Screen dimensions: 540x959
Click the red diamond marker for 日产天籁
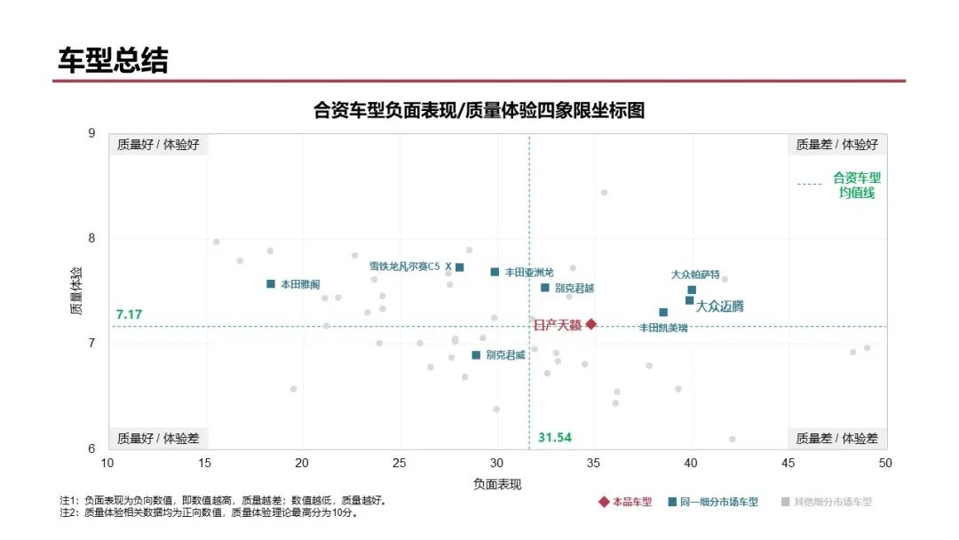(591, 324)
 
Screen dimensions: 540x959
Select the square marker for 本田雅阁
(271, 284)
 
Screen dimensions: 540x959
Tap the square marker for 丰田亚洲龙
(495, 272)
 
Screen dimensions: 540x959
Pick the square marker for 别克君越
(545, 287)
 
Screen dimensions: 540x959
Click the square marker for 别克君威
(476, 355)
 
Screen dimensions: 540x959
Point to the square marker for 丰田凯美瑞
(663, 313)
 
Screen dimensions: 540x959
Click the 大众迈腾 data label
(719, 306)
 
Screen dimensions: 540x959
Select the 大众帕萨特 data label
(695, 274)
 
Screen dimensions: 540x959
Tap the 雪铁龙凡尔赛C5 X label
(410, 266)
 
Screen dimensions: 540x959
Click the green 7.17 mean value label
(129, 314)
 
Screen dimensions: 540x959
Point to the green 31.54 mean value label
(555, 438)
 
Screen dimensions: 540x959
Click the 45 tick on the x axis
(789, 464)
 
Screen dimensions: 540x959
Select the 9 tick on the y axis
(91, 134)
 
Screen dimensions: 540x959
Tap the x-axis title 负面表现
(497, 485)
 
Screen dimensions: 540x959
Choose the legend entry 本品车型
(626, 502)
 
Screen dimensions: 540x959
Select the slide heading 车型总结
(113, 60)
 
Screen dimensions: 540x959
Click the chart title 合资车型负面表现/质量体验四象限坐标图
(479, 111)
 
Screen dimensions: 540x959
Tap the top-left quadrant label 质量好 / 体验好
(158, 145)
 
